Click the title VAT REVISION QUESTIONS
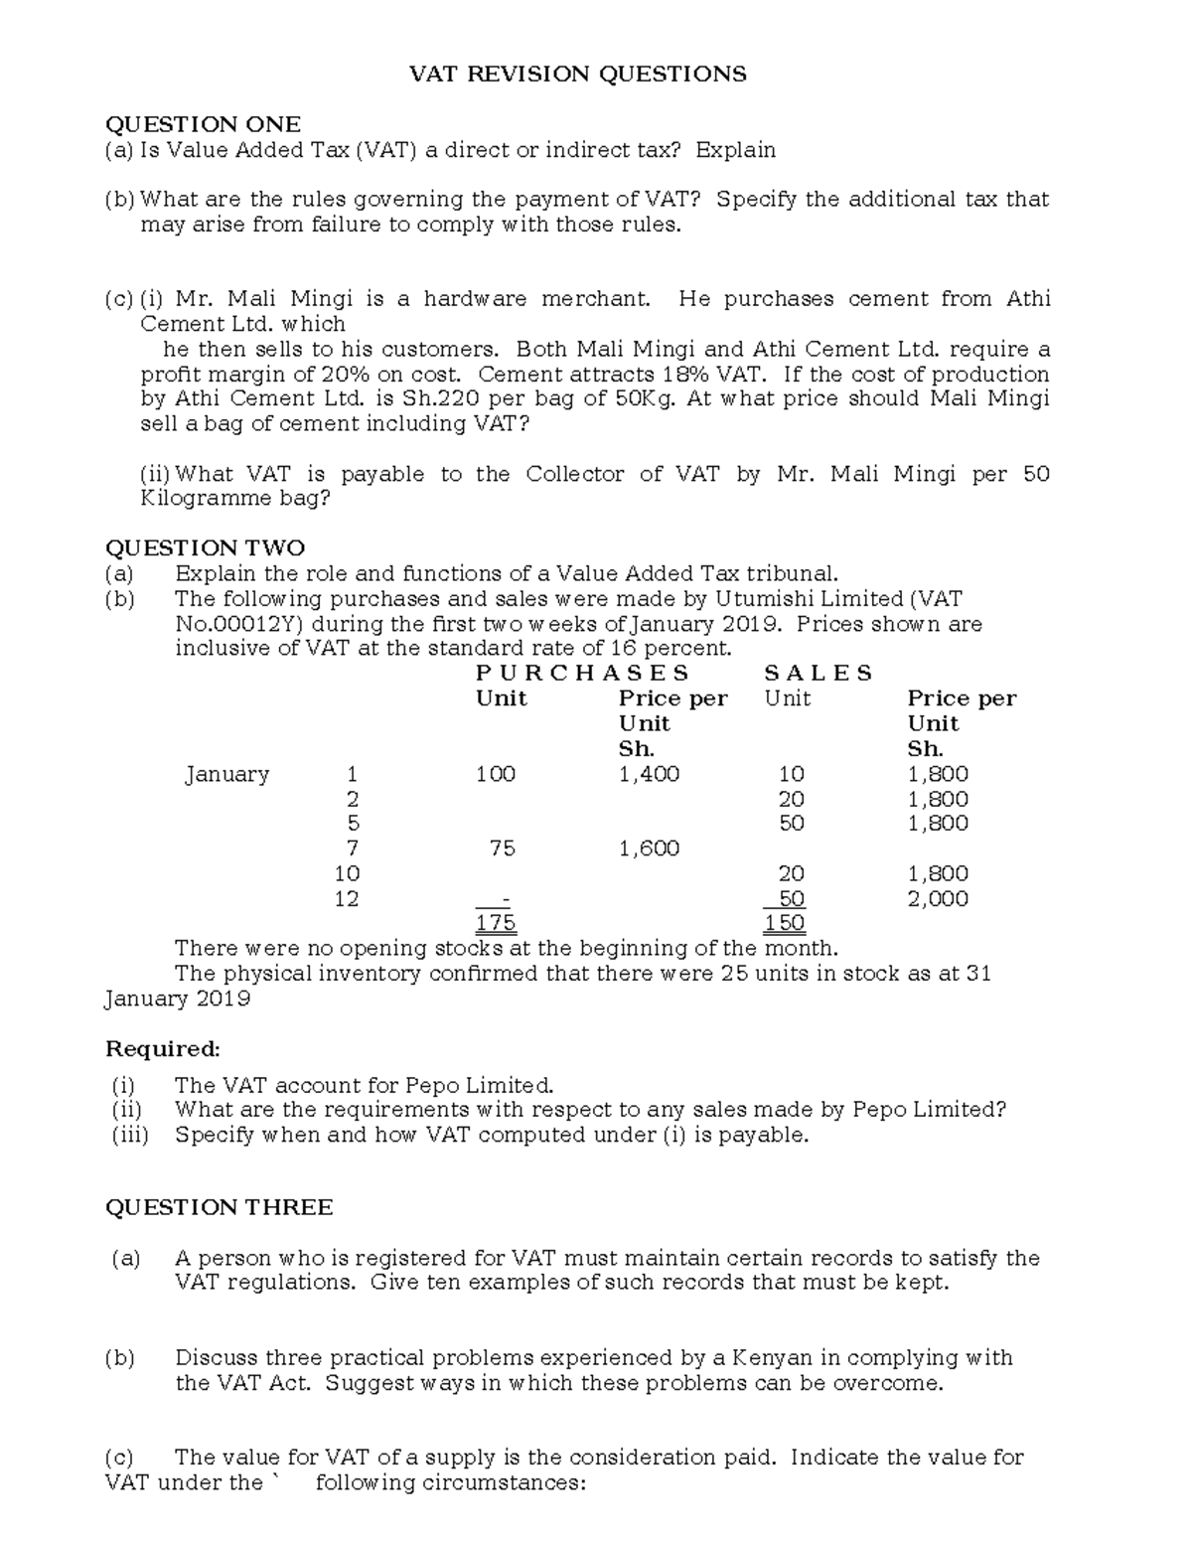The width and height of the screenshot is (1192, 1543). point(579,75)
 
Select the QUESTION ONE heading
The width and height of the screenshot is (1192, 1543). point(203,124)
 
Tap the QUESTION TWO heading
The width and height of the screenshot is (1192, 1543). point(205,548)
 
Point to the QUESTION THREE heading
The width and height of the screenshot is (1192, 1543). point(219,1207)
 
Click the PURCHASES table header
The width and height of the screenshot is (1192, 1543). point(582,674)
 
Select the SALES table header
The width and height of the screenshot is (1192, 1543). point(819,674)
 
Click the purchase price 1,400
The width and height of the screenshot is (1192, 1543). point(649,774)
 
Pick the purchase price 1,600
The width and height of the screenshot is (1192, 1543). point(649,849)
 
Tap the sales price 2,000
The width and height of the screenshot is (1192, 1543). point(938,899)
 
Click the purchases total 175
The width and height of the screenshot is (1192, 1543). point(496,923)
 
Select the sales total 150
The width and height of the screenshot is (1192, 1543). point(785,923)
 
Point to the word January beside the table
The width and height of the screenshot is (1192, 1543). point(226,774)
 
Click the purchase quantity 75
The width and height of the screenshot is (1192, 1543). point(503,849)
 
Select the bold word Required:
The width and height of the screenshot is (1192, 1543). point(163,1049)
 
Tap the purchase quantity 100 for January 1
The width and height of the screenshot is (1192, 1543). point(496,774)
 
